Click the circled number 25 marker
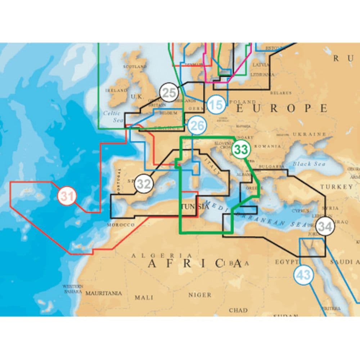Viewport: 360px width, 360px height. [x=168, y=92]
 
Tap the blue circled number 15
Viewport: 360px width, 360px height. [x=216, y=105]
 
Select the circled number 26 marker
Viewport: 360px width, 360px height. [x=197, y=125]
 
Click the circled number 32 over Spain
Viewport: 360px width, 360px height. [x=144, y=184]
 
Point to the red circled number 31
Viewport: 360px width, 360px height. [x=67, y=196]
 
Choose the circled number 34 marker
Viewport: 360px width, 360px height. [x=325, y=227]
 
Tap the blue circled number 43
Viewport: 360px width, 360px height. [x=303, y=275]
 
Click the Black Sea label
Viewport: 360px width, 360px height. [x=309, y=164]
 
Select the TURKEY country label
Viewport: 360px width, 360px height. [x=337, y=187]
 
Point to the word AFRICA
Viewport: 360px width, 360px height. [x=194, y=264]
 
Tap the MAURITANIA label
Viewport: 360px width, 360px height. [x=103, y=293]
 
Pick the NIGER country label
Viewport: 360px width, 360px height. [x=200, y=295]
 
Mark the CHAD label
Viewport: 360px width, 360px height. [x=238, y=310]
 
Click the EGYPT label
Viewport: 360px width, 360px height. [x=287, y=262]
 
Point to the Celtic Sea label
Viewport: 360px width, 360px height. [x=112, y=117]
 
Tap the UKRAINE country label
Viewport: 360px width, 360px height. [x=309, y=134]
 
